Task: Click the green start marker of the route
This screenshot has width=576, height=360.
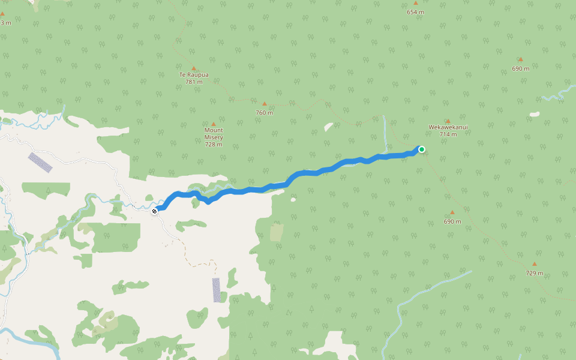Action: [422, 149]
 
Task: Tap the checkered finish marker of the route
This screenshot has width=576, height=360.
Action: [155, 211]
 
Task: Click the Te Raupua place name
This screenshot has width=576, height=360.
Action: [194, 75]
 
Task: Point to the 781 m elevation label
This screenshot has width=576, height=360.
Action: [194, 82]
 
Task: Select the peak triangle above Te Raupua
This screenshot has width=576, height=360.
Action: [194, 68]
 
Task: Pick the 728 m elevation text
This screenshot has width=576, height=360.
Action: [214, 145]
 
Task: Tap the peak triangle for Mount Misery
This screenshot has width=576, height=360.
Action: [213, 124]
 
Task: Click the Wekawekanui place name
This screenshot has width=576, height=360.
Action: [448, 127]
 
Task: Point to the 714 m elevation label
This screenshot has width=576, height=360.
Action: [448, 134]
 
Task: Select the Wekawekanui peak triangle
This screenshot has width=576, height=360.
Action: [448, 121]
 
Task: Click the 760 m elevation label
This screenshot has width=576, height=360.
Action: [264, 113]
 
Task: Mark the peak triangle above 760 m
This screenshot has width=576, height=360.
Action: [264, 104]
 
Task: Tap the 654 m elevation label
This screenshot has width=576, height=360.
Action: [415, 12]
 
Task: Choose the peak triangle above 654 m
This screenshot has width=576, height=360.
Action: [415, 4]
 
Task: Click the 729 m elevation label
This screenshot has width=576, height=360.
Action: [534, 274]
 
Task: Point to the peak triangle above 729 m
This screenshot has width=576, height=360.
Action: [534, 264]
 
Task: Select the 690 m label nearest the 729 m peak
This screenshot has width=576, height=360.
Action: [452, 221]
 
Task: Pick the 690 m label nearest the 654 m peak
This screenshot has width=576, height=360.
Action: [520, 68]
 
